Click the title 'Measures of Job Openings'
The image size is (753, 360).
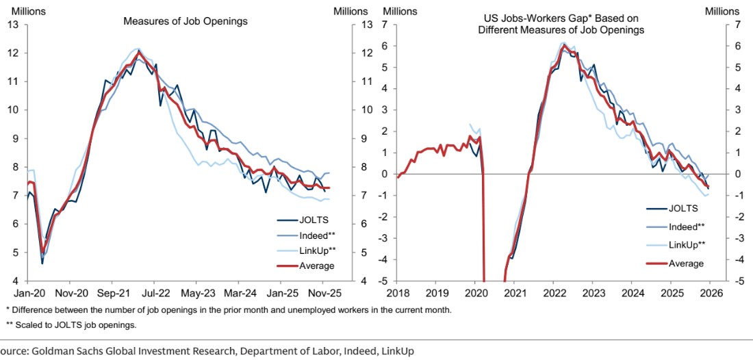coord(186,21)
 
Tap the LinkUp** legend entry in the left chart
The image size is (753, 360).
coord(314,250)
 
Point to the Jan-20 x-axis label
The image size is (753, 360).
coord(26,292)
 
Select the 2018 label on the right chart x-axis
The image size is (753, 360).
coord(398,292)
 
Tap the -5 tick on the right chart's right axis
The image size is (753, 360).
coord(735,281)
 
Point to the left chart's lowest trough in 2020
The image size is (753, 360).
coord(42,263)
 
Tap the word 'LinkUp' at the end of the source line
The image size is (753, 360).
coord(398,351)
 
